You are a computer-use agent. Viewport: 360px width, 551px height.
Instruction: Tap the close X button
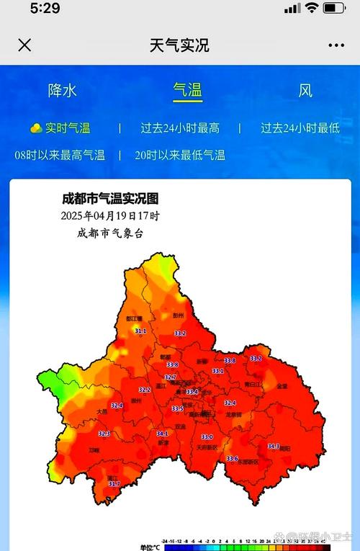24,45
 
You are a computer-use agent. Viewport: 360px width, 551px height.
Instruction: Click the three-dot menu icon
336,45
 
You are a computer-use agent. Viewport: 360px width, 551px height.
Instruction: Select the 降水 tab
62,91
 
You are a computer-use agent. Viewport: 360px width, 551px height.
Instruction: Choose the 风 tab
305,91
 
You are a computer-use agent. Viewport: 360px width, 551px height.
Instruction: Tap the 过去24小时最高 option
180,128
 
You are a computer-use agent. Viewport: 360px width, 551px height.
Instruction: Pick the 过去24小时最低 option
300,128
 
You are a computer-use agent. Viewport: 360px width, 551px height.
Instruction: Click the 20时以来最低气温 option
180,154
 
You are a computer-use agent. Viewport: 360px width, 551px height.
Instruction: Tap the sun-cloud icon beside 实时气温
36,128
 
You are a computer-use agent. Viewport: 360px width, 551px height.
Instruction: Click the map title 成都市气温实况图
110,199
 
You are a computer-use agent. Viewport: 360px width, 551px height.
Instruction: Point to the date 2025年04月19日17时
110,215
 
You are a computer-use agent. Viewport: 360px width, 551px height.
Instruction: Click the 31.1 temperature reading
140,331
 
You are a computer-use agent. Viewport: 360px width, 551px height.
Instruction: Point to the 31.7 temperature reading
114,484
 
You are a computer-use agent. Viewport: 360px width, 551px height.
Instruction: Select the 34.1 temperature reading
163,434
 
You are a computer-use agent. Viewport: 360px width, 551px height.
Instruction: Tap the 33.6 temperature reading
232,459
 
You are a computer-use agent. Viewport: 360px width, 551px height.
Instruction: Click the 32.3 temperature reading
104,434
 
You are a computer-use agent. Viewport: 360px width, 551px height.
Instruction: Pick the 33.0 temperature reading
207,437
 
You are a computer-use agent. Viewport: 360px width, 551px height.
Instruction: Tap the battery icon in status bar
333,9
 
